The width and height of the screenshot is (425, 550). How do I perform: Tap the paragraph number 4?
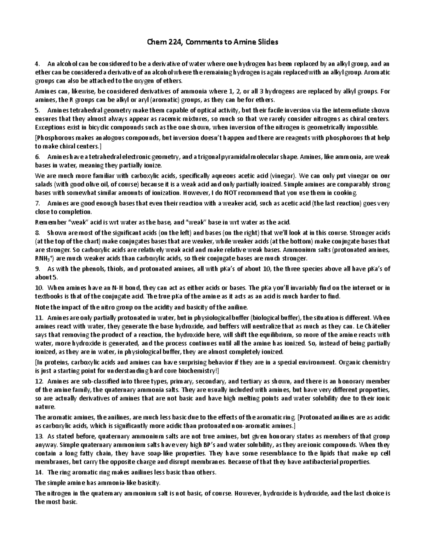(36, 64)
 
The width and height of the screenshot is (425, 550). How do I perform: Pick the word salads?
(43, 185)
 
